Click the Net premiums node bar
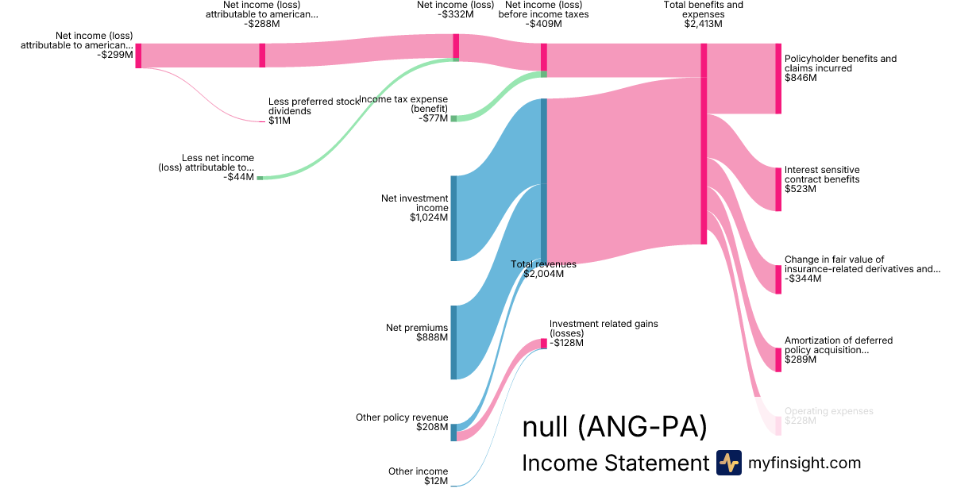[453, 342]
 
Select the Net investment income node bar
[453, 218]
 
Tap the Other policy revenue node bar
[453, 432]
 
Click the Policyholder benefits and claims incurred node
[778, 79]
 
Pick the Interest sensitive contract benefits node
[778, 189]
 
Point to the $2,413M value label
[703, 24]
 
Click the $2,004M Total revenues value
[543, 274]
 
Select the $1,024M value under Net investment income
[429, 217]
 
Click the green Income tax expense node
[453, 118]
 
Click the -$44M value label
[239, 177]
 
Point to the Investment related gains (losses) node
[544, 344]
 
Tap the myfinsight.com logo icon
[728, 463]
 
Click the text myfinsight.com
[804, 463]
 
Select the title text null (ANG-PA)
[614, 427]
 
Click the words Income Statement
[615, 463]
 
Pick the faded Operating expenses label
[828, 411]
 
